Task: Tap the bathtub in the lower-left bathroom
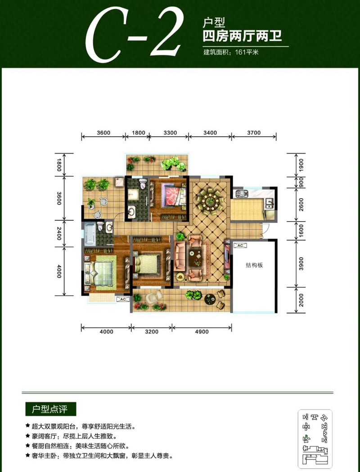(90, 233)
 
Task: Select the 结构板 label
(254, 265)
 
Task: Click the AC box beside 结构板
(240, 245)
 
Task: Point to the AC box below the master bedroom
(123, 299)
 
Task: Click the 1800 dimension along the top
(139, 133)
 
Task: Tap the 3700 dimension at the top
(254, 133)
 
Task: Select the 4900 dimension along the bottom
(202, 332)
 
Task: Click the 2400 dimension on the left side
(59, 234)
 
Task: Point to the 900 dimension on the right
(301, 182)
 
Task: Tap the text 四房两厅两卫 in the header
(242, 36)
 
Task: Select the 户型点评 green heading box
(50, 410)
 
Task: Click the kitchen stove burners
(242, 194)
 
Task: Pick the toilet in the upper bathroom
(143, 183)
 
